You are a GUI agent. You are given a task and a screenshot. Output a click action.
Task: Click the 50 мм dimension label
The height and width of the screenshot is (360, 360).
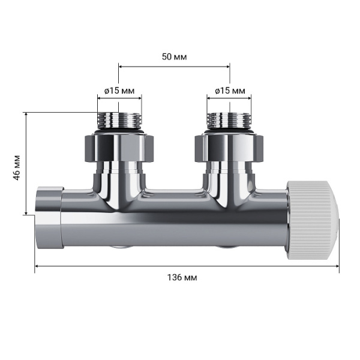tap(174, 56)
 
